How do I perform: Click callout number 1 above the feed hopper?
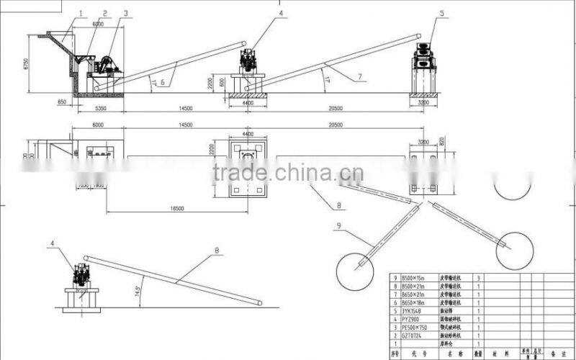coord(81,12)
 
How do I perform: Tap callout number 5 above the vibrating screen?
coord(442,12)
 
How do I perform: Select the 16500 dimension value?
coord(178,208)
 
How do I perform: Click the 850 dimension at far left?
coord(62,102)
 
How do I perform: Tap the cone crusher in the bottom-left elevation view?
coord(83,276)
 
